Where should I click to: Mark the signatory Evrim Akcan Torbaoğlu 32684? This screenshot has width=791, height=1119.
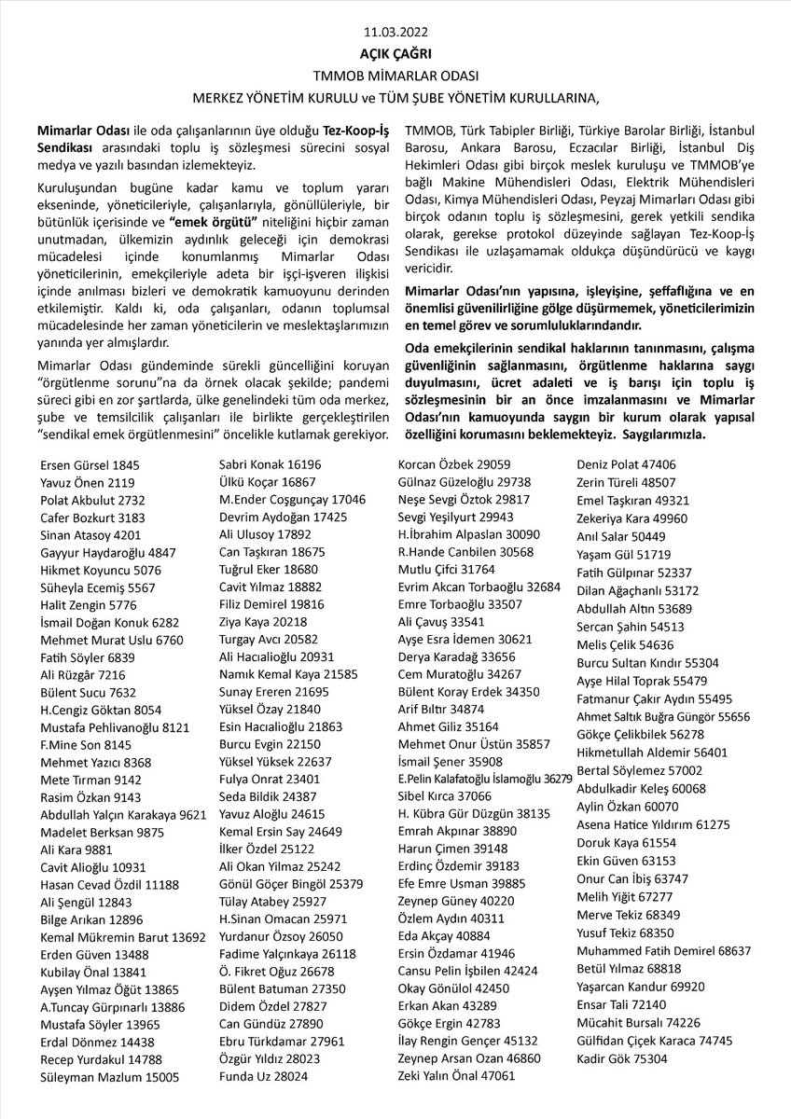[479, 587]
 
